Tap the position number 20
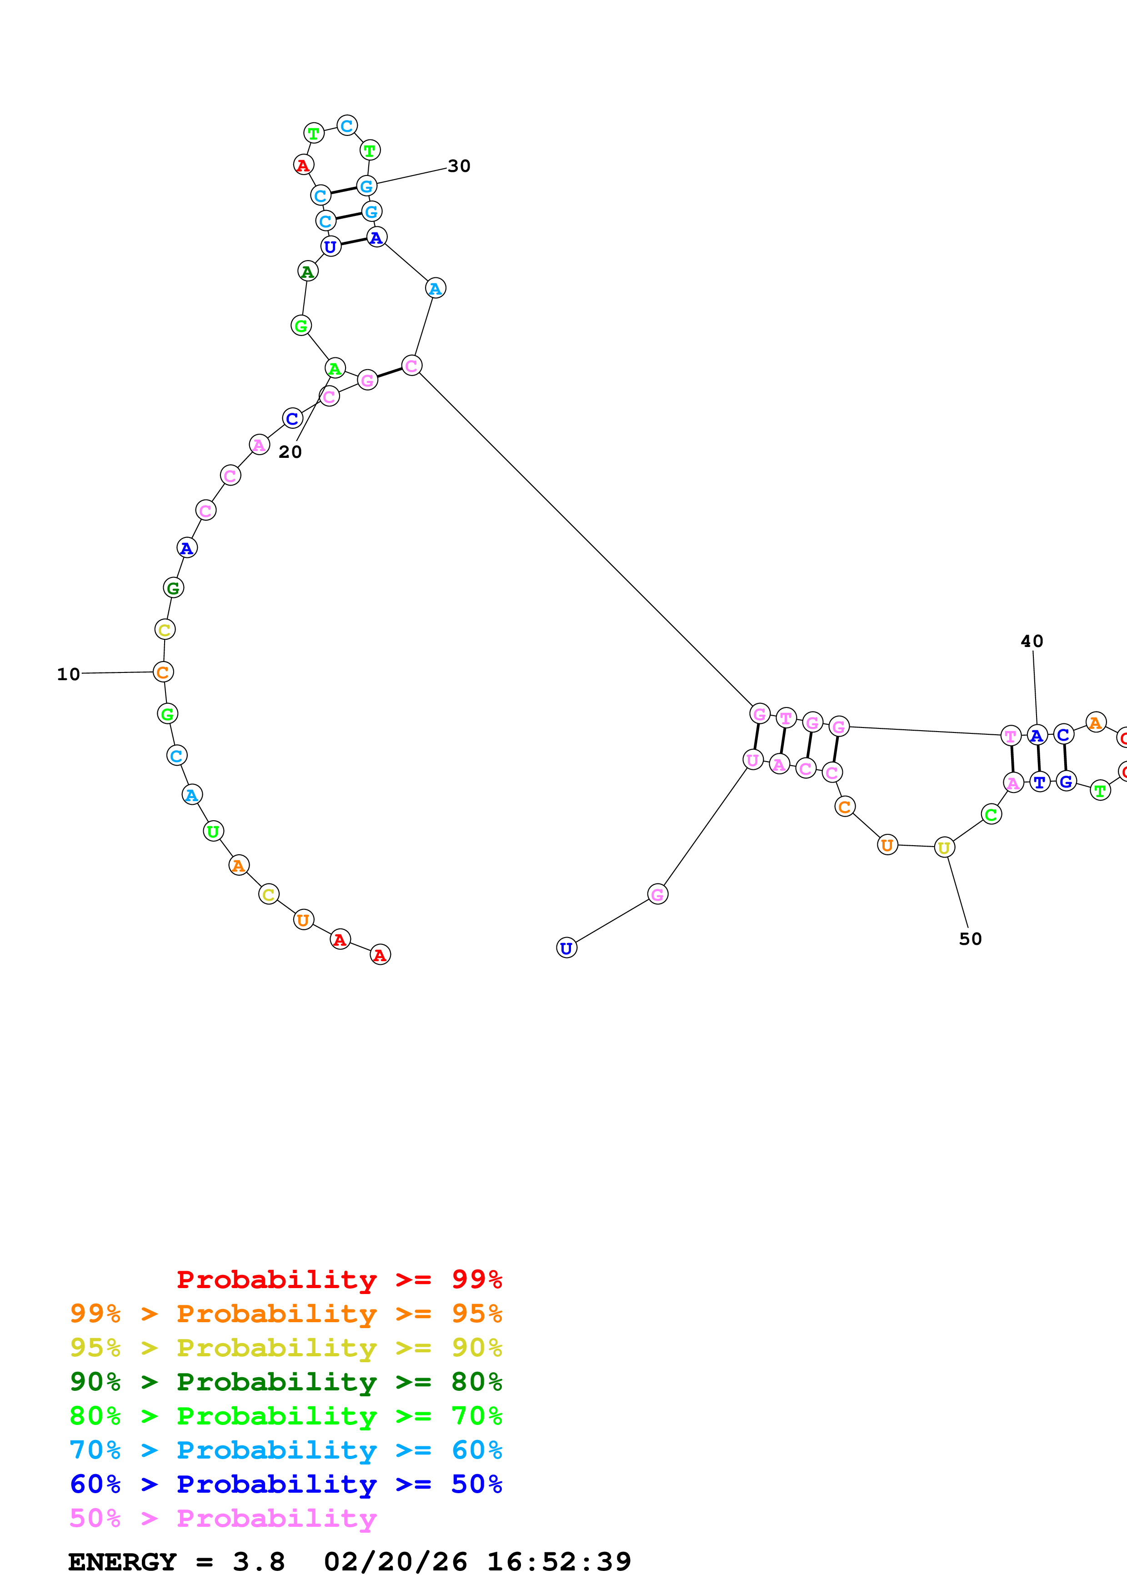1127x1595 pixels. [x=290, y=452]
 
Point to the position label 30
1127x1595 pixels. [x=459, y=166]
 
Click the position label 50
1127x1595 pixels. [x=970, y=939]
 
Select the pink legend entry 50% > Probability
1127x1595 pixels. [x=223, y=1519]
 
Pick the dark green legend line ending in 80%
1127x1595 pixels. [x=286, y=1382]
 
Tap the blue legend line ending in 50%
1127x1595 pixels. [x=286, y=1485]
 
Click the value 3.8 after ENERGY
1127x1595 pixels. [x=258, y=1562]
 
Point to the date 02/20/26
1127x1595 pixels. [x=395, y=1562]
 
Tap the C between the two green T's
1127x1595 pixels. [x=346, y=126]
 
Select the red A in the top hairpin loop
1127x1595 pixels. [x=303, y=166]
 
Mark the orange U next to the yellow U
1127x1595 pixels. [x=887, y=845]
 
